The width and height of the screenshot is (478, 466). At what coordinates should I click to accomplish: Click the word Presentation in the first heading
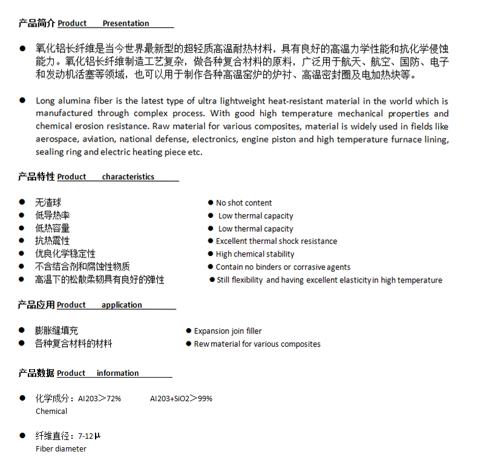point(126,24)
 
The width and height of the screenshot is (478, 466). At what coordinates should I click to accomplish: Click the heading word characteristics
point(128,177)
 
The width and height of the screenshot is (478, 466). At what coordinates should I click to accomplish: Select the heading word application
point(122,305)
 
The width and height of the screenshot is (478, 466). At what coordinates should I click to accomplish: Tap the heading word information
point(117,373)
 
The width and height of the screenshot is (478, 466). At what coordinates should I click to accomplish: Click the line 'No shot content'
point(244,203)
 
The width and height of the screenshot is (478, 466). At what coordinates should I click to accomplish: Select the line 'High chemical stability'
point(255,254)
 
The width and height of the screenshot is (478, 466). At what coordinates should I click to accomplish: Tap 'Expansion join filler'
point(228,331)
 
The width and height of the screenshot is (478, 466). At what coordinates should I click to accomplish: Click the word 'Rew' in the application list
point(201,344)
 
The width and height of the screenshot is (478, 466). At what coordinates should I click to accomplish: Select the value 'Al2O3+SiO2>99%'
point(181,398)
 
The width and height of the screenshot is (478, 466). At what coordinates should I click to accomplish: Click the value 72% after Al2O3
point(114,398)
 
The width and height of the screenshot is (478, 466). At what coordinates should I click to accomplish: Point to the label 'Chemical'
point(51,412)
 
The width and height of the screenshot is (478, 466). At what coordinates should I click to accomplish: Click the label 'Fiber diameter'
point(61,449)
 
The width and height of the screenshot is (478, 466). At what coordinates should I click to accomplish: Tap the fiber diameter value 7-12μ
point(89,436)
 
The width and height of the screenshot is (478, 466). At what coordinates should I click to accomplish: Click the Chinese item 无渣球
point(48,203)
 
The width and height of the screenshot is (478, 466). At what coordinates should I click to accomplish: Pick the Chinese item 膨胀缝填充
point(56,331)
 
